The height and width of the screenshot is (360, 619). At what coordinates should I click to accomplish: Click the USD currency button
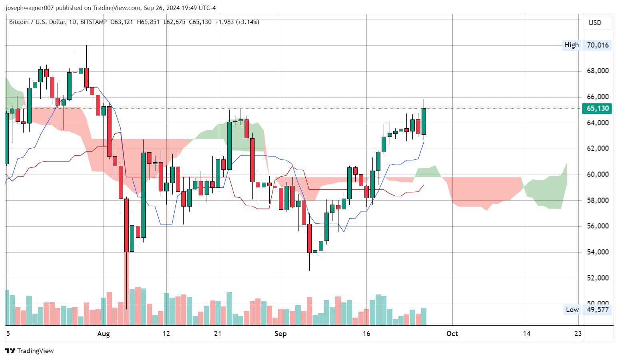pyautogui.click(x=595, y=23)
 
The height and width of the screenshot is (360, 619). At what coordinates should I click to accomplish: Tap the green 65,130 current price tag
pyautogui.click(x=597, y=108)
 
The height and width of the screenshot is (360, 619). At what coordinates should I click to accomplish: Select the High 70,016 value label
pyautogui.click(x=597, y=45)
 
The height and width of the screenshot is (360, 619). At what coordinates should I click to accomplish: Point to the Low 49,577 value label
pyautogui.click(x=597, y=310)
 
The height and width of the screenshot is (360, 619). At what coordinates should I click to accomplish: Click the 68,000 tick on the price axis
pyautogui.click(x=597, y=71)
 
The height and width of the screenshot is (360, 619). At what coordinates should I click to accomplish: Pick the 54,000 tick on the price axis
pyautogui.click(x=597, y=252)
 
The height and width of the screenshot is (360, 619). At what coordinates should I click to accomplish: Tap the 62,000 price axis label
pyautogui.click(x=597, y=148)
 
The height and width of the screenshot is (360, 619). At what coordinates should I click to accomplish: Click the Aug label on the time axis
pyautogui.click(x=103, y=334)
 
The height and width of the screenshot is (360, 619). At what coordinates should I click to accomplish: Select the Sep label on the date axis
pyautogui.click(x=281, y=334)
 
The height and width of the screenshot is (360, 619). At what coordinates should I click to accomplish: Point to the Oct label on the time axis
pyautogui.click(x=452, y=334)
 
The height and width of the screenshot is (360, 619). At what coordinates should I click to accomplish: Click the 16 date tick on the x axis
pyautogui.click(x=366, y=334)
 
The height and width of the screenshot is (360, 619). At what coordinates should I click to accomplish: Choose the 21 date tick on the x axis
pyautogui.click(x=217, y=334)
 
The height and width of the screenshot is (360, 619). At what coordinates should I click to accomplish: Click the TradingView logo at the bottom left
pyautogui.click(x=30, y=351)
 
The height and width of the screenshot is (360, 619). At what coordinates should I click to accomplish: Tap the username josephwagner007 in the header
pyautogui.click(x=29, y=8)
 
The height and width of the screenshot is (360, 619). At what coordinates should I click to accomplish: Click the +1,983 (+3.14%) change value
pyautogui.click(x=237, y=22)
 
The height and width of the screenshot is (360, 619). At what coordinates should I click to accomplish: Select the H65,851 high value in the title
pyautogui.click(x=148, y=22)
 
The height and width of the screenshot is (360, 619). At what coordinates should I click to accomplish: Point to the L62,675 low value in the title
pyautogui.click(x=174, y=22)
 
